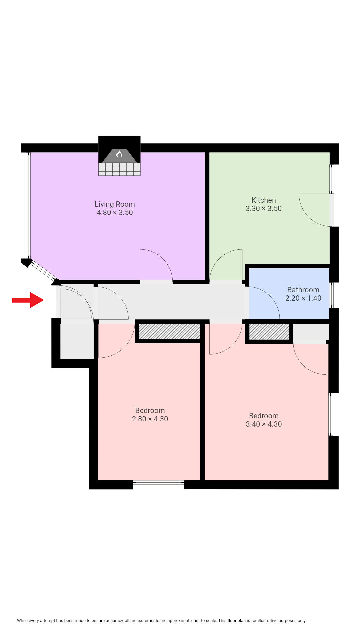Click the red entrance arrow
pos(28,300)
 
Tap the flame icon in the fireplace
pos(119,154)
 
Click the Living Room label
pos(115,204)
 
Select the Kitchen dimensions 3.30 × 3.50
pos(264,209)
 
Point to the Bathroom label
pos(303,290)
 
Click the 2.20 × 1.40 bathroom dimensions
pos(303,298)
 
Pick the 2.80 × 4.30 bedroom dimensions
pos(150,419)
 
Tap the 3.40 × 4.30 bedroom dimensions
pos(264,424)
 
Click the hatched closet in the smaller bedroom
pos(170,331)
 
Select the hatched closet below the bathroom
pos(269,332)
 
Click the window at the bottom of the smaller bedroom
pos(159,482)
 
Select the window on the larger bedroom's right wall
pos(331,414)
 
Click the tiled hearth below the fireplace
pos(119,169)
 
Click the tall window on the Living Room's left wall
pos(28,205)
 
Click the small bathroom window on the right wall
pos(331,295)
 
